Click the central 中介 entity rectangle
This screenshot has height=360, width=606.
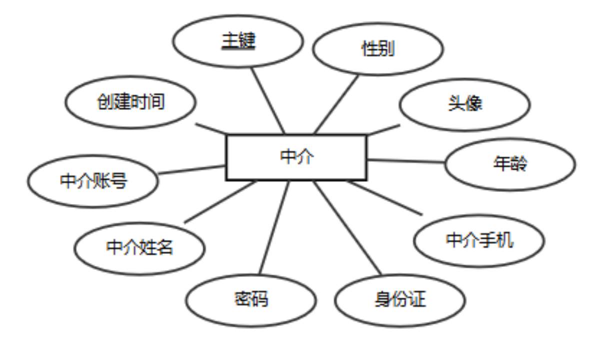pyautogui.click(x=296, y=157)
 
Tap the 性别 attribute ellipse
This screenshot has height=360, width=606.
pyautogui.click(x=378, y=49)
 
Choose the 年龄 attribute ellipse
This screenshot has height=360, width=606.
pyautogui.click(x=510, y=164)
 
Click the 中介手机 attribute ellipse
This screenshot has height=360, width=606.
pyautogui.click(x=479, y=241)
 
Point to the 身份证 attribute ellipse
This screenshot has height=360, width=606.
pyautogui.click(x=400, y=300)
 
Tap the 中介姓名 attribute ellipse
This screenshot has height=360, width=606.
pyautogui.click(x=139, y=248)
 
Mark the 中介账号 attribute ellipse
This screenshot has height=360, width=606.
pyautogui.click(x=93, y=181)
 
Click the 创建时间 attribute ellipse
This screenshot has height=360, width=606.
pyautogui.click(x=130, y=102)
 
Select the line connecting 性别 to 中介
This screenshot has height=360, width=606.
pyautogui.click(x=336, y=104)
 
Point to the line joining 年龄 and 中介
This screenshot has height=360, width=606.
pyautogui.click(x=406, y=161)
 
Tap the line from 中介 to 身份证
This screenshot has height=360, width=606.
pyautogui.click(x=348, y=228)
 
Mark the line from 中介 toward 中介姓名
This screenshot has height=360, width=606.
pyautogui.click(x=220, y=201)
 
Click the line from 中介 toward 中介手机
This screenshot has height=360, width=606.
pyautogui.click(x=385, y=198)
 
